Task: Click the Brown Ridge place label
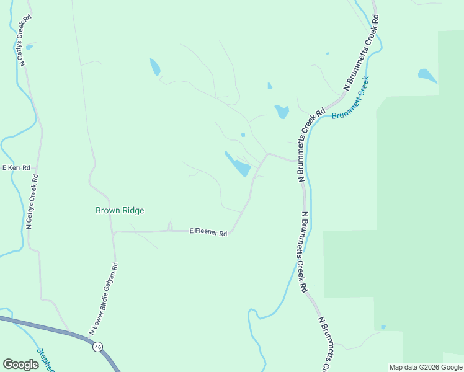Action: tap(120, 210)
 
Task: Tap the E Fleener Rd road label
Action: tap(208, 232)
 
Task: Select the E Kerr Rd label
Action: tap(16, 167)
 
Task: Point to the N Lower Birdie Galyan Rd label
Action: tap(103, 299)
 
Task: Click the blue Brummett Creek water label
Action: tap(350, 99)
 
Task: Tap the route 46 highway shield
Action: tap(98, 347)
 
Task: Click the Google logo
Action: tap(20, 364)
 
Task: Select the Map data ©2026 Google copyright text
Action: tap(426, 367)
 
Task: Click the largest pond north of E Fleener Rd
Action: tap(239, 166)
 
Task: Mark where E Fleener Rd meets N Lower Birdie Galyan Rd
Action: tap(114, 232)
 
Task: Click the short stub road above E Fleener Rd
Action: tap(170, 225)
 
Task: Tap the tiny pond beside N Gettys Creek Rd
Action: tap(29, 47)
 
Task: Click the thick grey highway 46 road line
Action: tap(37, 325)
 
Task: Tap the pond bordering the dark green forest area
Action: tap(427, 76)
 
